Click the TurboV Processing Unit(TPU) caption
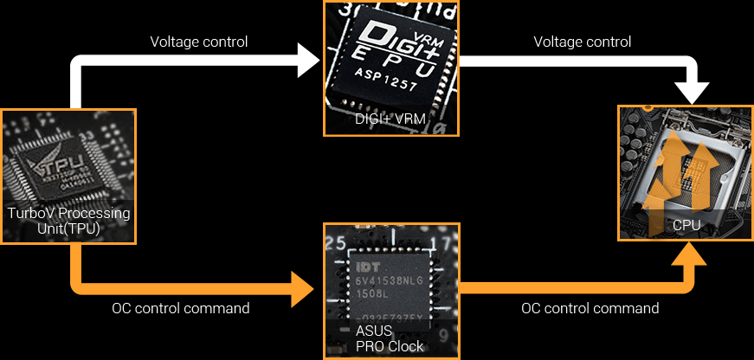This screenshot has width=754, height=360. pyautogui.click(x=68, y=221)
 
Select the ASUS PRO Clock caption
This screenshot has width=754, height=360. pyautogui.click(x=390, y=338)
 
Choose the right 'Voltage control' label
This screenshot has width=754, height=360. pyautogui.click(x=582, y=42)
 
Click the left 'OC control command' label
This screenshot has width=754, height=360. pyautogui.click(x=181, y=308)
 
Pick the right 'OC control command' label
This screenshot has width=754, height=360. pyautogui.click(x=590, y=308)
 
